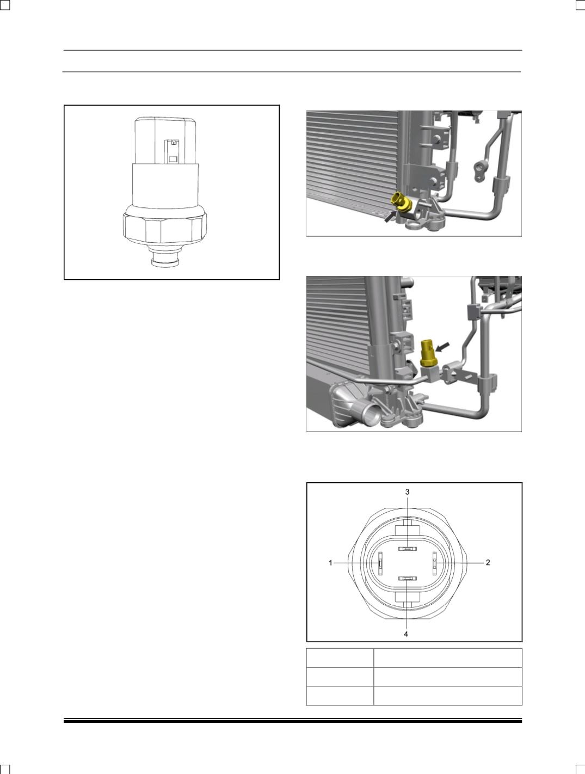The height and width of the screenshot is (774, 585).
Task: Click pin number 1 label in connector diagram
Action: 330,563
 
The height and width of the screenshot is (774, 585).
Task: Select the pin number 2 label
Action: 488,563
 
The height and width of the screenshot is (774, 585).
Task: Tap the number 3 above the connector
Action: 408,492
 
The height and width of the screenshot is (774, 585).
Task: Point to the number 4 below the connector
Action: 406,634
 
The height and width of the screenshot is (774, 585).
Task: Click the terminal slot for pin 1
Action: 380,563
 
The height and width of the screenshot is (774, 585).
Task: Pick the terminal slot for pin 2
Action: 434,563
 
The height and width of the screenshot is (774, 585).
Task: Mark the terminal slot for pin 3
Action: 408,549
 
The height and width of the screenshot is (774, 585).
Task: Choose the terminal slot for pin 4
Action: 408,579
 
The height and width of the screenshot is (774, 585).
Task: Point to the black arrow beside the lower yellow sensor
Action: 442,346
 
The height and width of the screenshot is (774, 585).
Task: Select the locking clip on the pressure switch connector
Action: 173,152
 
